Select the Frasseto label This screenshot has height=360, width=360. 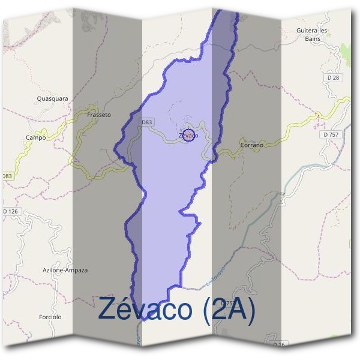pos(99,114)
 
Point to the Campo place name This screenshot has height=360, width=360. pos(36,137)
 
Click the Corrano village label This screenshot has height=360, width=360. pos(251,145)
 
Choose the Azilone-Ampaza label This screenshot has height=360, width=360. pos(65,270)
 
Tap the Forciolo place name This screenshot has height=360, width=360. pos(50,317)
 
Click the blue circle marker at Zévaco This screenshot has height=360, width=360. pos(188,135)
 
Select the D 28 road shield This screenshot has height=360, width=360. pos(334,78)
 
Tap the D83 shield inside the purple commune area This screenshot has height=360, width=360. pos(147,122)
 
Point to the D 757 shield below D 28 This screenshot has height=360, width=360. pos(331,135)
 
